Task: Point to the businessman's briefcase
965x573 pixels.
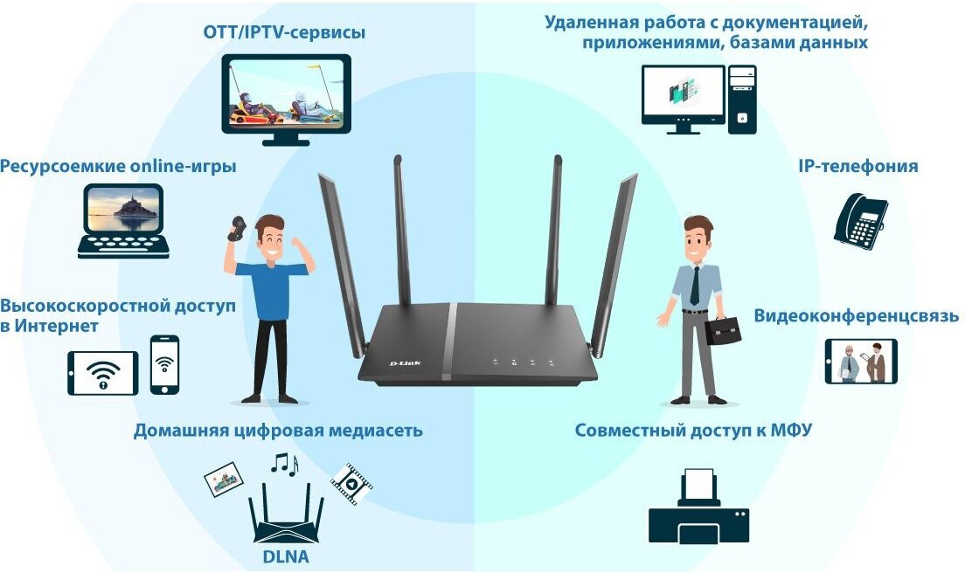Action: [x=724, y=330]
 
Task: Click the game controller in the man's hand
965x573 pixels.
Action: [x=236, y=228]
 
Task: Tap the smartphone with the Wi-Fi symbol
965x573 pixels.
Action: [x=164, y=364]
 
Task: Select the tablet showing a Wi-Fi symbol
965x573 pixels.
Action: [x=103, y=373]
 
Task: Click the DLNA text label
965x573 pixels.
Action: [x=286, y=556]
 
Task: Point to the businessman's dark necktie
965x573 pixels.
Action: [x=694, y=285]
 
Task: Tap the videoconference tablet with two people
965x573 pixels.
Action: [x=861, y=362]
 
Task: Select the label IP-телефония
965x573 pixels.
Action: [x=857, y=166]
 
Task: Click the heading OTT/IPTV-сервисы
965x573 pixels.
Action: [x=285, y=33]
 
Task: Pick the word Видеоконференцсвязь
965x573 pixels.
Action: [x=857, y=316]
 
